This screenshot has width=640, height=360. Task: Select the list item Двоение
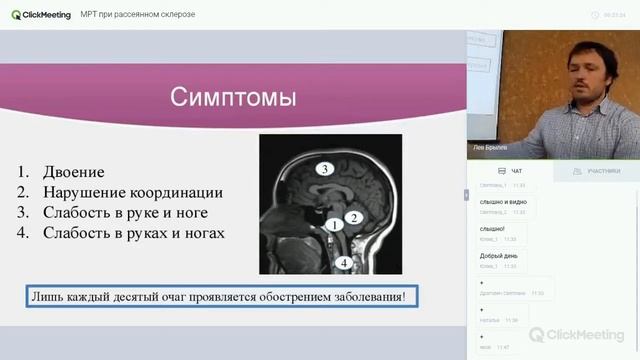(73, 172)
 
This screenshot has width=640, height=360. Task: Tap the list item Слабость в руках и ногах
(134, 233)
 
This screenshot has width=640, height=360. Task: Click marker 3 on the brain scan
(323, 169)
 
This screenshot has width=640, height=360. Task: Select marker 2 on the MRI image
(353, 215)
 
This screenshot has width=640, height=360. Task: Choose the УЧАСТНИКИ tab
(597, 171)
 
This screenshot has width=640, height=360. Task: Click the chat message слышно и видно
(503, 203)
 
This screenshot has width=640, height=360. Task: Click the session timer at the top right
(614, 15)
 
